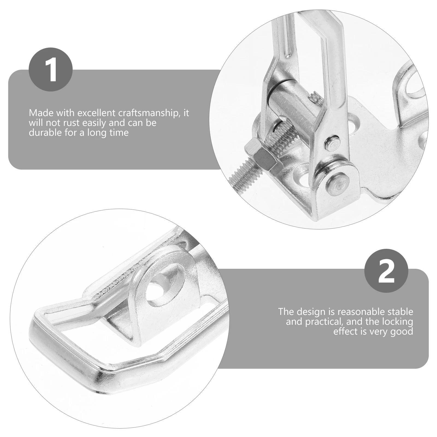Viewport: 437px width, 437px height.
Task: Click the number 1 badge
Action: pyautogui.click(x=51, y=69)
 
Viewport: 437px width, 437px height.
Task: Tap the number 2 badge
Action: pyautogui.click(x=386, y=271)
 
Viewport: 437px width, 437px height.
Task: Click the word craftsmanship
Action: pyautogui.click(x=149, y=113)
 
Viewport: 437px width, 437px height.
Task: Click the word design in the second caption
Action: pyautogui.click(x=311, y=312)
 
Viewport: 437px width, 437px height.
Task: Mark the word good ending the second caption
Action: pyautogui.click(x=401, y=332)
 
